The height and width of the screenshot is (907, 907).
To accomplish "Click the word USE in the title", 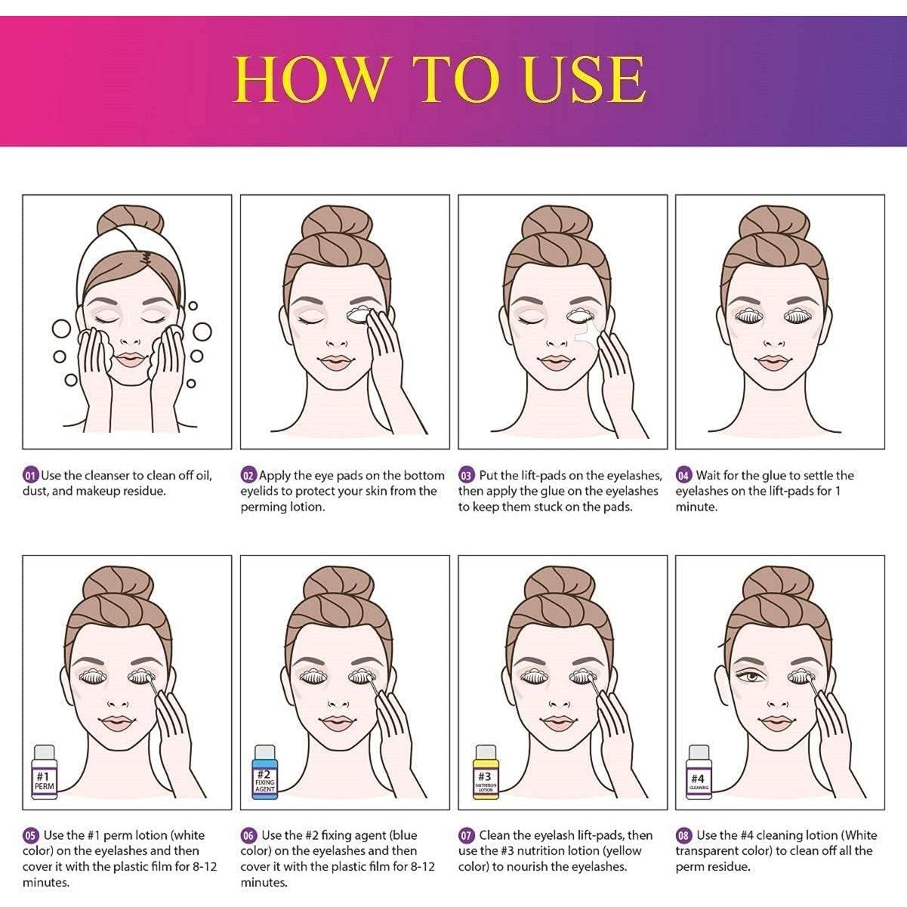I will point(584,79).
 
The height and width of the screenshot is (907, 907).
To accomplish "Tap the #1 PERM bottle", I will point(44,773).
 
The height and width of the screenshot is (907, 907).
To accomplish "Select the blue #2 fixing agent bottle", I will point(264,773).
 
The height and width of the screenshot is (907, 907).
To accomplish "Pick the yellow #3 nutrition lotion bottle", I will point(485,773).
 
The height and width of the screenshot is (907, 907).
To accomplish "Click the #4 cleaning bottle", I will point(698,773).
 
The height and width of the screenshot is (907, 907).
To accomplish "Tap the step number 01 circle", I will point(30,476).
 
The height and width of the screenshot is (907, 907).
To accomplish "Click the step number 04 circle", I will point(683,476).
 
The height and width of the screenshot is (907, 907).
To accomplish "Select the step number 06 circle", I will point(248,836).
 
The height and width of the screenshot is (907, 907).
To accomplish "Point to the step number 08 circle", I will point(683,836).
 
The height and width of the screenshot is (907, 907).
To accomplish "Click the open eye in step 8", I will point(752,674).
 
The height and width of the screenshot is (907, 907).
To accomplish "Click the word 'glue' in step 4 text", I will point(773,476).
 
